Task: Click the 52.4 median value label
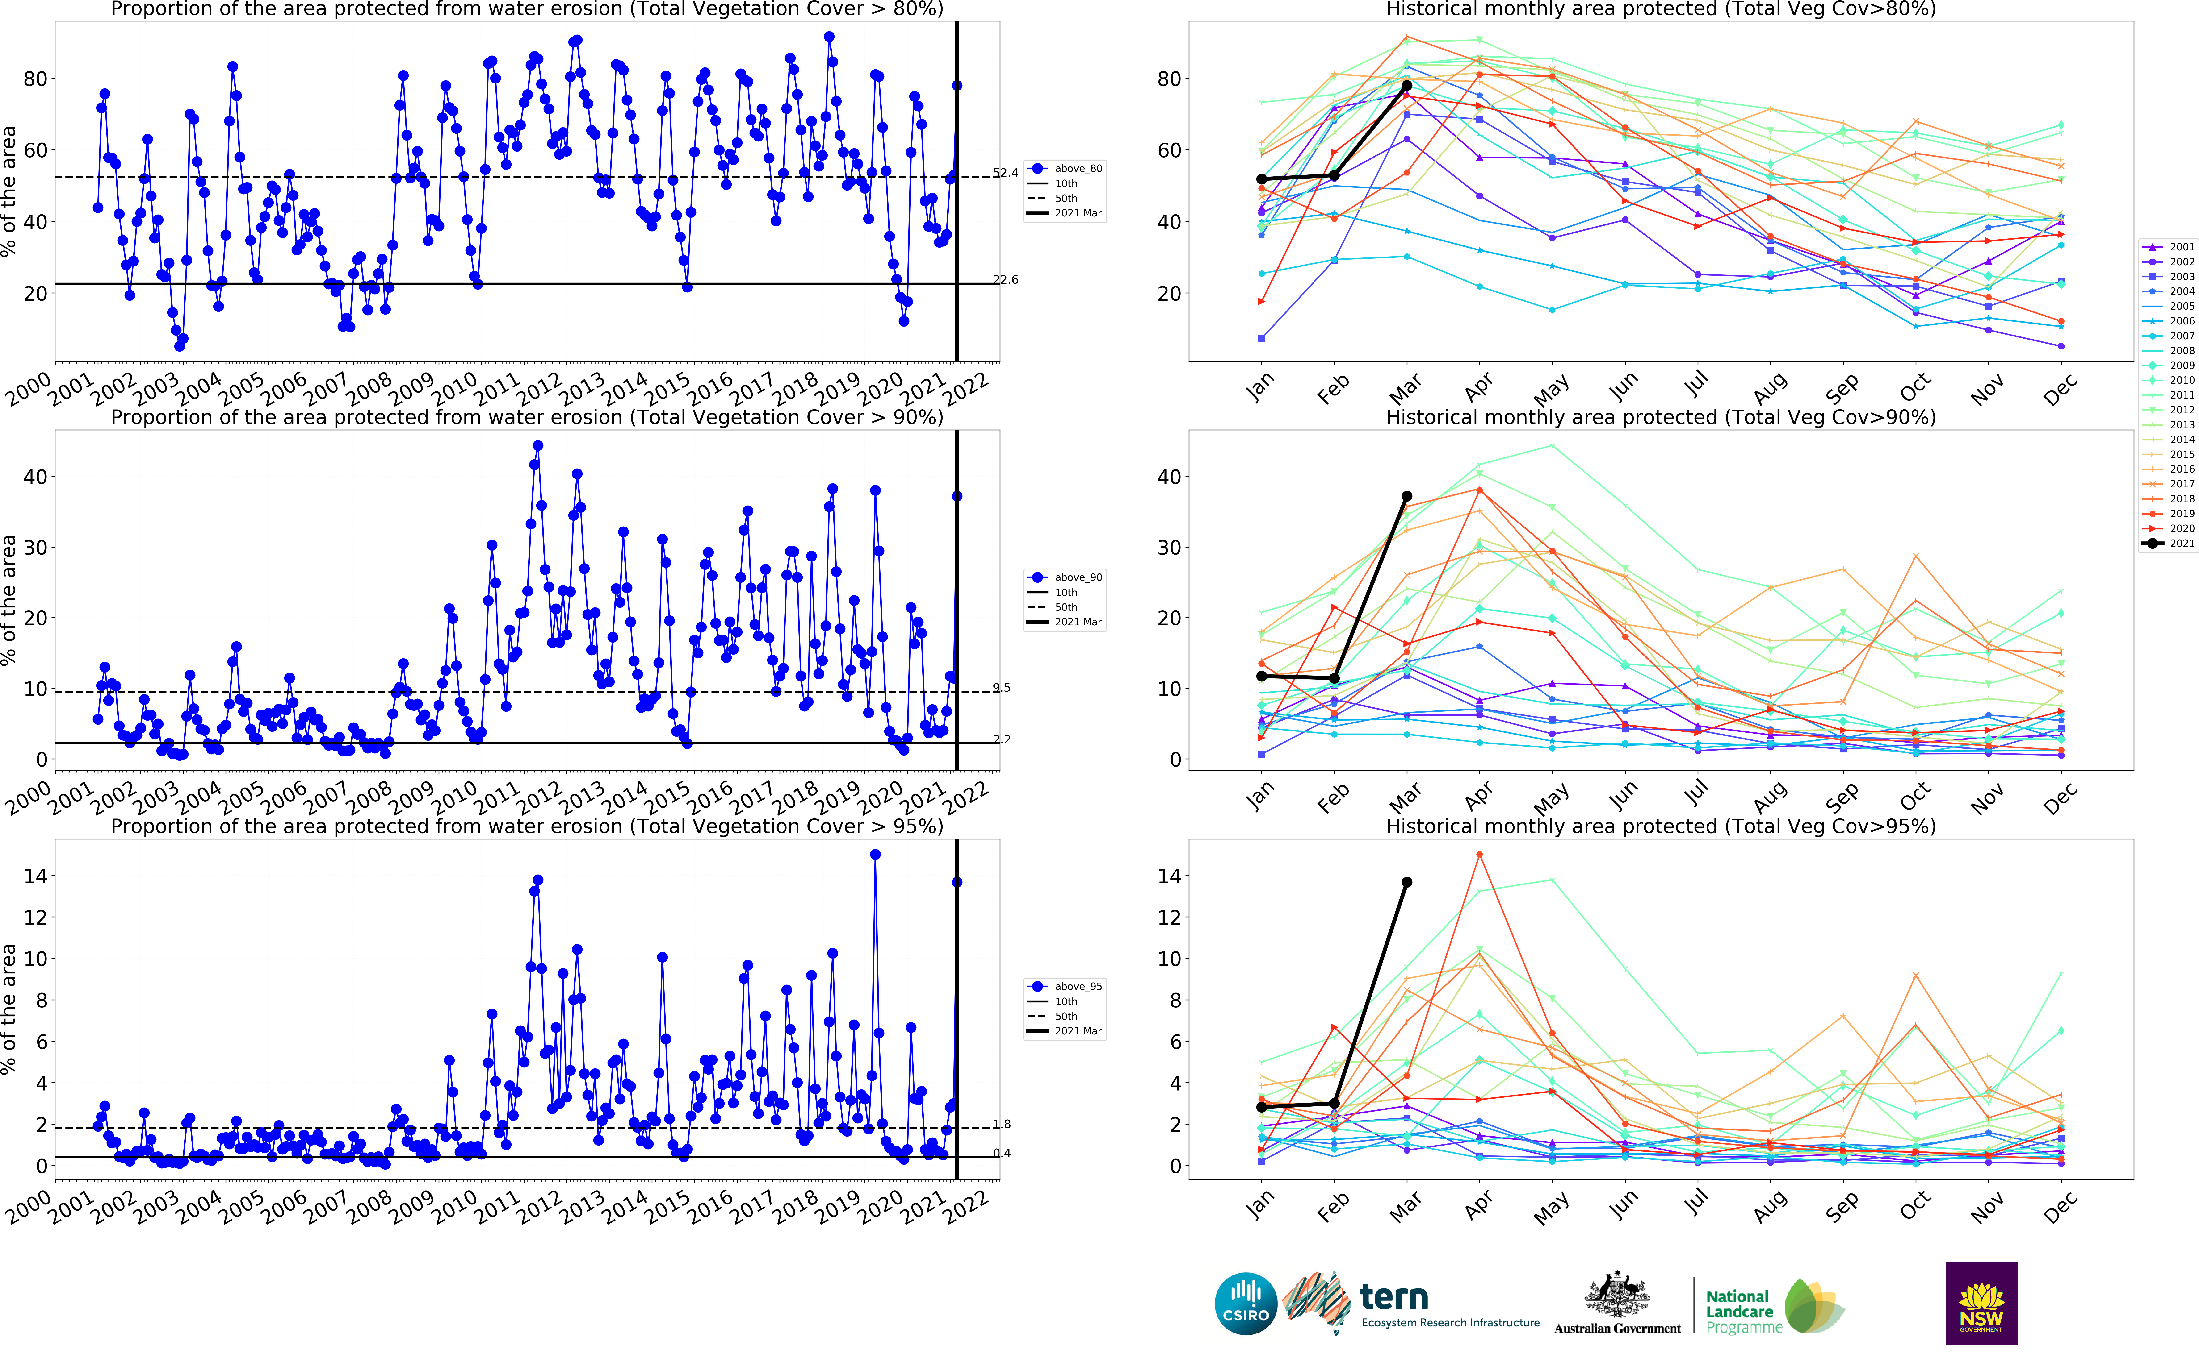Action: (x=1006, y=173)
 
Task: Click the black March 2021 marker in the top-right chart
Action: (x=1407, y=86)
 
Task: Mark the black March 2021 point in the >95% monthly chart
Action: (x=1407, y=883)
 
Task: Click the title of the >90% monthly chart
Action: (x=1660, y=417)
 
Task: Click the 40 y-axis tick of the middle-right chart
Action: (x=1169, y=477)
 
